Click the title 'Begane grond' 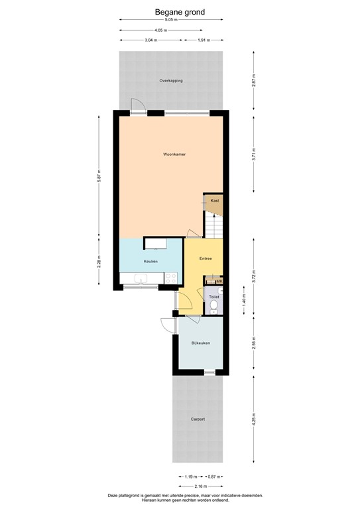click(x=180, y=11)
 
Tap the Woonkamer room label click(x=174, y=154)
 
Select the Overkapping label click(x=171, y=81)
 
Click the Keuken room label click(x=150, y=261)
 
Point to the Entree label click(x=205, y=258)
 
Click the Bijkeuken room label click(x=200, y=343)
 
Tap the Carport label click(x=198, y=420)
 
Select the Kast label click(x=214, y=200)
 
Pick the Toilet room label click(x=213, y=297)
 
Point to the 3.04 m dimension click(x=151, y=40)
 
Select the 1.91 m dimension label click(x=204, y=40)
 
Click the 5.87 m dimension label click(x=99, y=177)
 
